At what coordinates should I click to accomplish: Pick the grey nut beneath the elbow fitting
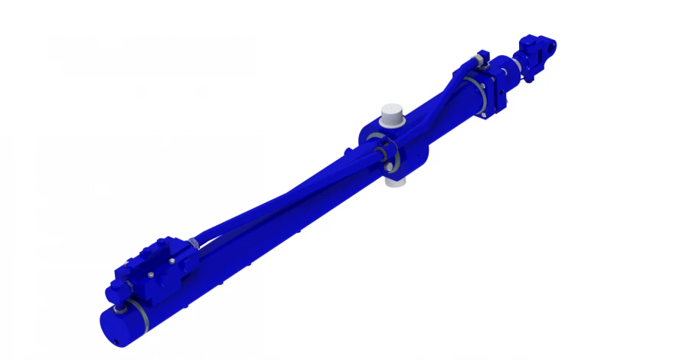121,309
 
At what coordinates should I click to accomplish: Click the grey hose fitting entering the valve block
194,244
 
